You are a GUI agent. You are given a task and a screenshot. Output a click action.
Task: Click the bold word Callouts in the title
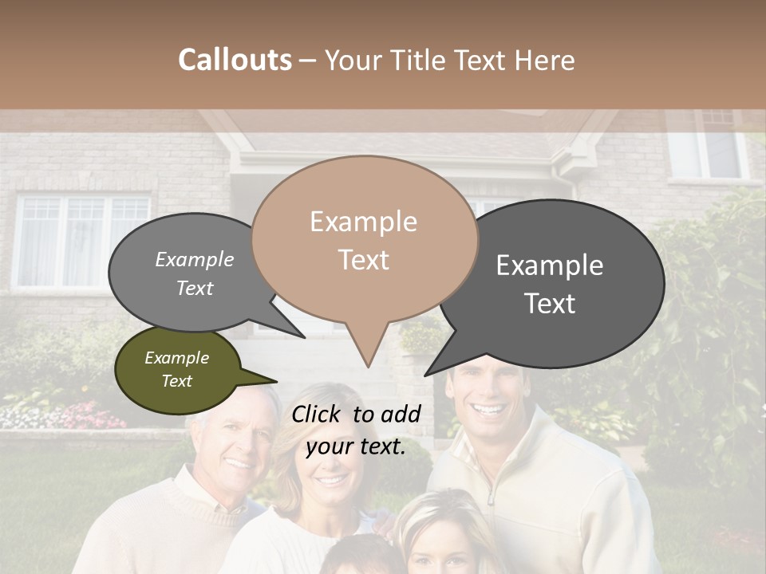(235, 60)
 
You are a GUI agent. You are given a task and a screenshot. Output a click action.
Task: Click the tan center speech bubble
(364, 239)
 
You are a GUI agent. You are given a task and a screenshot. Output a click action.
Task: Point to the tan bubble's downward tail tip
(367, 366)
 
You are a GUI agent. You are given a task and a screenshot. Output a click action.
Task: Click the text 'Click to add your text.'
(356, 430)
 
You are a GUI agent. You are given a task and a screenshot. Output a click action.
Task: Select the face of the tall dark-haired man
(488, 399)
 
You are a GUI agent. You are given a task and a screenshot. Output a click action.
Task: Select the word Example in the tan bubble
(364, 222)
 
